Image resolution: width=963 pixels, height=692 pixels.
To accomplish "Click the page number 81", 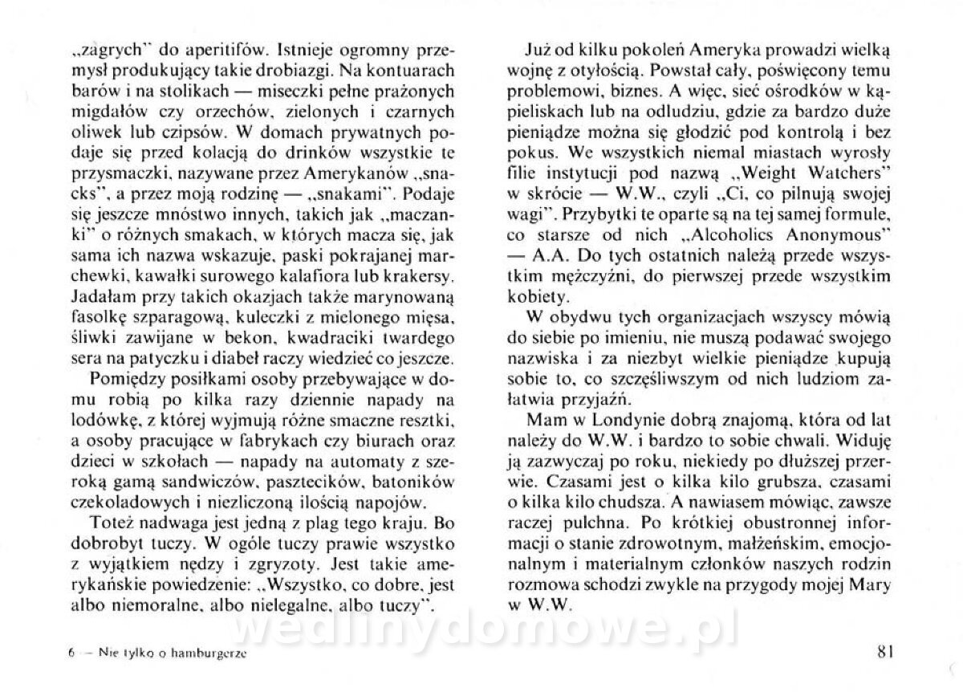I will (886, 651).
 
